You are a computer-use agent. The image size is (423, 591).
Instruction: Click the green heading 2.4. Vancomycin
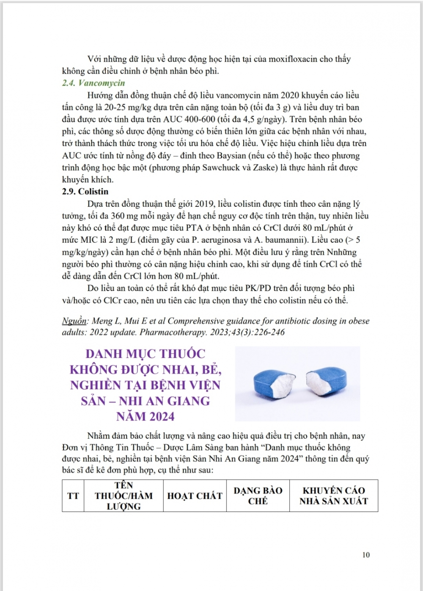pos(93,83)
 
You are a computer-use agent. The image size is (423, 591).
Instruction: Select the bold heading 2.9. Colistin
pos(85,192)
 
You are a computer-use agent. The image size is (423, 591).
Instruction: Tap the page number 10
pos(366,555)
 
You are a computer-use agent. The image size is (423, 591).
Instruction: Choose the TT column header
pos(73,496)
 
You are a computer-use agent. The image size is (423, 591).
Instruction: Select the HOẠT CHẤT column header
pos(195,496)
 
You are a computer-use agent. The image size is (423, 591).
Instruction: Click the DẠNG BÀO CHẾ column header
pos(258,496)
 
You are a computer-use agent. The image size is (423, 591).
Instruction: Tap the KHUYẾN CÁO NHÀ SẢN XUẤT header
pos(333,496)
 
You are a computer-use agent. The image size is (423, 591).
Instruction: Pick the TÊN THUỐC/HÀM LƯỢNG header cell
pos(124,496)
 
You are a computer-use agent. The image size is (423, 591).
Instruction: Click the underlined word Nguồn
pos(74,321)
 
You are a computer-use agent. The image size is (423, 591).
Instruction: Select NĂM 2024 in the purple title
pos(146,417)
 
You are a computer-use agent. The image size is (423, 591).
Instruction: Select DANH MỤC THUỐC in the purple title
pos(146,354)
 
